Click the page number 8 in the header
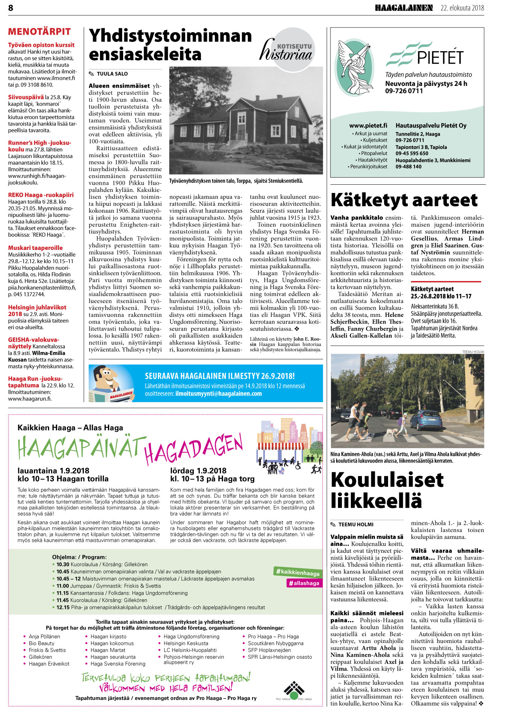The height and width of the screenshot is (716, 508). (x=11, y=8)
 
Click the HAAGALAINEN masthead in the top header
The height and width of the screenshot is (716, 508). (x=404, y=8)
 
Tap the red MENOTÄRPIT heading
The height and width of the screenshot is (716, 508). (x=39, y=32)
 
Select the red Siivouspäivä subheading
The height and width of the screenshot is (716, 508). (x=26, y=97)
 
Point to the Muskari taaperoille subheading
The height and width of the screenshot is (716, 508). (x=35, y=248)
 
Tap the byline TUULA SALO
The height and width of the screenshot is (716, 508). (x=112, y=74)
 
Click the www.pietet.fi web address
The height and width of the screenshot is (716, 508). (x=368, y=126)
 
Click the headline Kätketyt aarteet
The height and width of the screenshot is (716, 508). (x=404, y=200)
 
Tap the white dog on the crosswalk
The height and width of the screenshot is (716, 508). (x=391, y=432)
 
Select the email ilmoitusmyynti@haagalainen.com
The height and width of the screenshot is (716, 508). (x=218, y=394)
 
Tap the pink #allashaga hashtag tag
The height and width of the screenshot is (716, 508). (x=304, y=583)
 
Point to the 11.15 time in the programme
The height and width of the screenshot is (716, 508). (x=63, y=593)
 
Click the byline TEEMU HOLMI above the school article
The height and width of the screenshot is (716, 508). (x=355, y=524)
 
